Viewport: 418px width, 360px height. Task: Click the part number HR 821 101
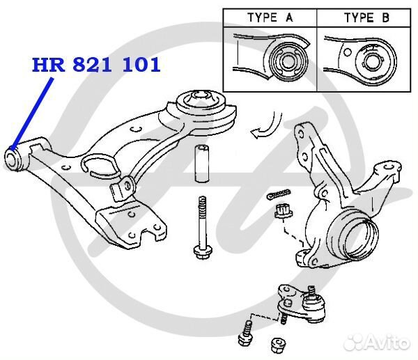(x=96, y=65)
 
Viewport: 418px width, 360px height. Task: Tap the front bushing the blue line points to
(x=16, y=157)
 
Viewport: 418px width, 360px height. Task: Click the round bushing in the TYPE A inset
(x=287, y=63)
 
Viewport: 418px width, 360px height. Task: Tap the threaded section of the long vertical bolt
(x=202, y=209)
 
